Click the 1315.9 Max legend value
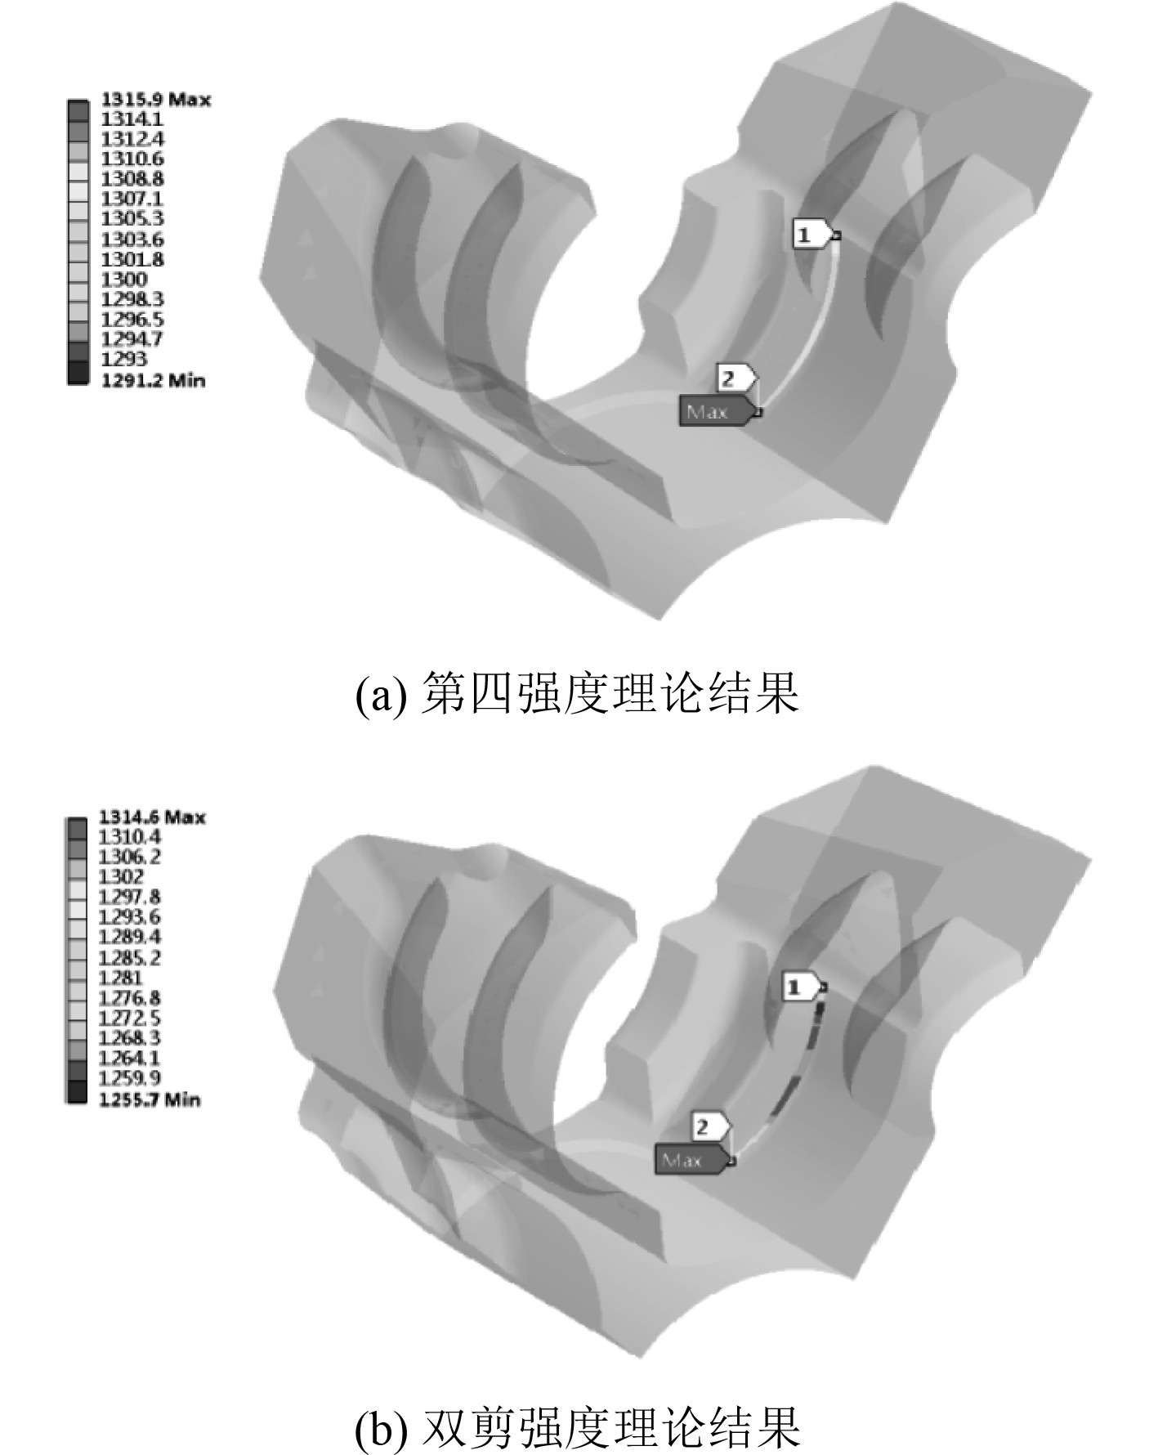click(x=155, y=100)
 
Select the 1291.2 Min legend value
click(x=153, y=380)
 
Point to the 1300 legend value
click(x=124, y=280)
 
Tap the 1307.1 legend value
click(x=132, y=199)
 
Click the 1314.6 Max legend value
click(x=152, y=817)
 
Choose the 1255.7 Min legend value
click(x=149, y=1099)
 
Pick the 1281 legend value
click(x=120, y=978)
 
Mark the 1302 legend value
click(x=121, y=877)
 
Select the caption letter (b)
click(x=380, y=1429)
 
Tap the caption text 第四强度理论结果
click(x=609, y=694)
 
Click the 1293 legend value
click(x=124, y=360)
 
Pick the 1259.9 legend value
click(x=129, y=1078)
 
